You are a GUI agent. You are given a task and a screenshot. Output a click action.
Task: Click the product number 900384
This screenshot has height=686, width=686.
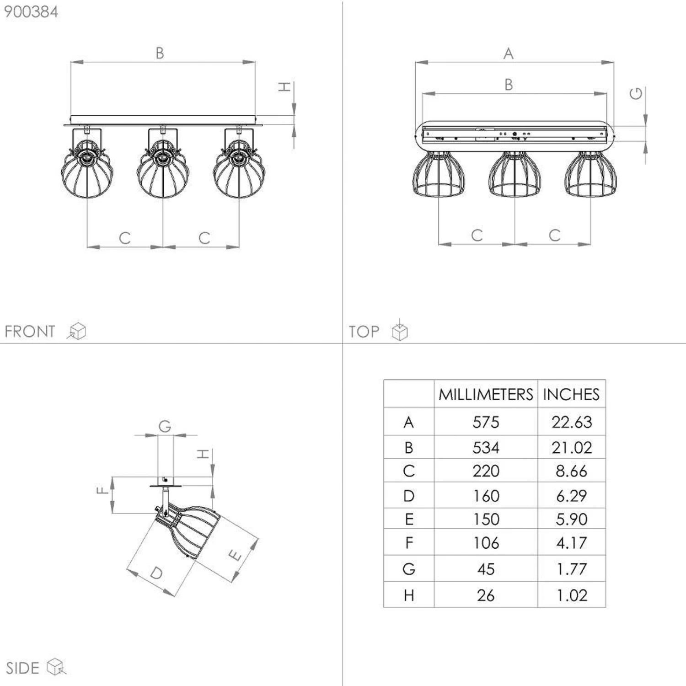[x=31, y=11]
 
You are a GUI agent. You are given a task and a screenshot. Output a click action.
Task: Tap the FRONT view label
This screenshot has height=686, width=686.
[x=30, y=331]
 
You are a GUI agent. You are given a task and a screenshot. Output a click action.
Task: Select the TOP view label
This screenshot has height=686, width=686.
[x=364, y=332]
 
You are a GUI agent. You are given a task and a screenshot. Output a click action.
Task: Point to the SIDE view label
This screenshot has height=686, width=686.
[x=22, y=668]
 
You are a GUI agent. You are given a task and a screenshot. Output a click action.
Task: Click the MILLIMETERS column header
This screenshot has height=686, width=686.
[x=486, y=394]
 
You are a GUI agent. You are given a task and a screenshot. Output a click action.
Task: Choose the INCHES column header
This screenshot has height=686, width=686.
[x=571, y=394]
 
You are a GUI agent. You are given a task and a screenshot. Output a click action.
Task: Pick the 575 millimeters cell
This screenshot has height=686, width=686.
[x=486, y=422]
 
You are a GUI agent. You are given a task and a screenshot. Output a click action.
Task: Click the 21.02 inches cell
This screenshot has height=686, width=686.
[x=572, y=447]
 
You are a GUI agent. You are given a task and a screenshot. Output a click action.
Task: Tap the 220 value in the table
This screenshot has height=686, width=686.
[x=486, y=471]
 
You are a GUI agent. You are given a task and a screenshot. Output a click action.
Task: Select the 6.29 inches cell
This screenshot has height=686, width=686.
[x=572, y=496]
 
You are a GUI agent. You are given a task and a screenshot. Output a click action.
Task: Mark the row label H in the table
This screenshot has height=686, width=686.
[x=409, y=595]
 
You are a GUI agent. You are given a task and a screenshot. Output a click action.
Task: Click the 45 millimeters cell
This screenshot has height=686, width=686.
[x=486, y=569]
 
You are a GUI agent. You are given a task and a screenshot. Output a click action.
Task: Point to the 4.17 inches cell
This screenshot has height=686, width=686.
[x=572, y=543]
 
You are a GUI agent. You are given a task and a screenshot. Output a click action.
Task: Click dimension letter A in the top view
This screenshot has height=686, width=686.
[x=509, y=54]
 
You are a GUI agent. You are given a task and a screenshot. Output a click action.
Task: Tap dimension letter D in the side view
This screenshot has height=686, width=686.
[x=156, y=573]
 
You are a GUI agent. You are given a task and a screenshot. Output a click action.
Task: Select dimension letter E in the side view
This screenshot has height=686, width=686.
[x=235, y=556]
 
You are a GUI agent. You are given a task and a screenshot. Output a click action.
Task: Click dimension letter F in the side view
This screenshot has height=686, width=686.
[x=102, y=491]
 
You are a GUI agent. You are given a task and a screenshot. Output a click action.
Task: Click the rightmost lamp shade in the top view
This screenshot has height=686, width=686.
[x=590, y=175]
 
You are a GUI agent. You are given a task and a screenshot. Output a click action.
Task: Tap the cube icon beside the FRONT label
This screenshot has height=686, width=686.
[x=77, y=331]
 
